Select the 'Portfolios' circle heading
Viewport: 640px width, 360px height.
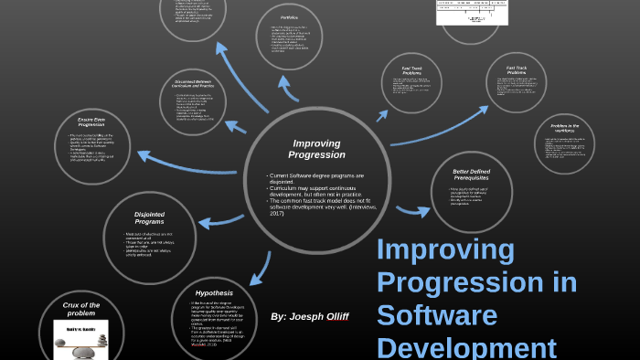[x=289, y=16]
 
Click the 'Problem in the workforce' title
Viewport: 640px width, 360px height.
[x=565, y=129]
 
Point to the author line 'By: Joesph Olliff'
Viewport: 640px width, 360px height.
[x=310, y=316]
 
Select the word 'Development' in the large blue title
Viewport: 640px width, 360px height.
[x=466, y=347]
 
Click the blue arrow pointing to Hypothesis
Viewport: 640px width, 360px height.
[x=261, y=266]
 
